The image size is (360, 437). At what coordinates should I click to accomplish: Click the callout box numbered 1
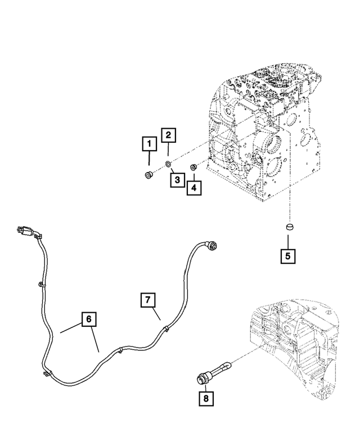pyautogui.click(x=149, y=145)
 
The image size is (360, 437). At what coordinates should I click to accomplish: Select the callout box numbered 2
pyautogui.click(x=169, y=135)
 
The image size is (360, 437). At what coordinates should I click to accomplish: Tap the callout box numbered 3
pyautogui.click(x=177, y=179)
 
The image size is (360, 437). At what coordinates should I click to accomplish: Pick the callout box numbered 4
pyautogui.click(x=193, y=187)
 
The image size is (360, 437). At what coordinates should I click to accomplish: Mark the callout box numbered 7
pyautogui.click(x=147, y=300)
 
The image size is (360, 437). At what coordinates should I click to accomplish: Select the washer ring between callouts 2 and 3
pyautogui.click(x=168, y=164)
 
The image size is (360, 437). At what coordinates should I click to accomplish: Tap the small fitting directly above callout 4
pyautogui.click(x=193, y=166)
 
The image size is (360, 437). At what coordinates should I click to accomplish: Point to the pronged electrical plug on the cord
pyautogui.click(x=24, y=231)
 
